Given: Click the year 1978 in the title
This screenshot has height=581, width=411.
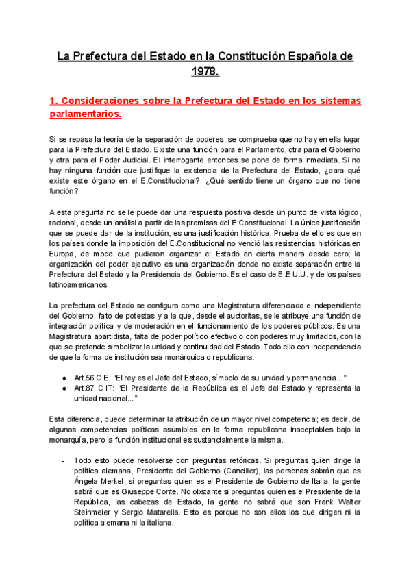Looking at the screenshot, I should (x=206, y=70).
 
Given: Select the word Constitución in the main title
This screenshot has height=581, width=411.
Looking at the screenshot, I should (x=257, y=55).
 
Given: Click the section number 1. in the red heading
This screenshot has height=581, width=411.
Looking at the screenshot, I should (x=54, y=101).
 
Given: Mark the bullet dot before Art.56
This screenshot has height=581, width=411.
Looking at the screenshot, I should (x=64, y=378).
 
